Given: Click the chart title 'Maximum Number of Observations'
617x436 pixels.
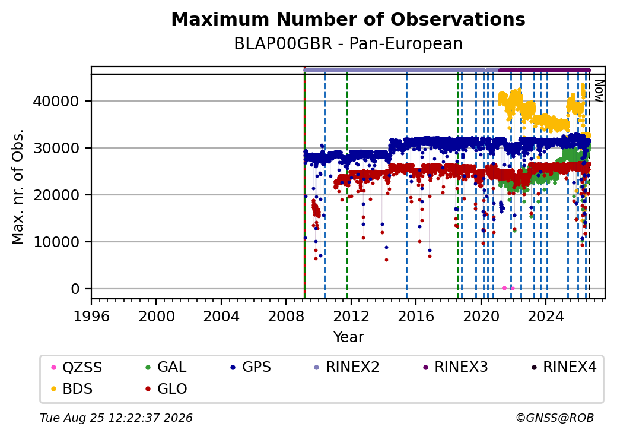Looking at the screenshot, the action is pos(348,19).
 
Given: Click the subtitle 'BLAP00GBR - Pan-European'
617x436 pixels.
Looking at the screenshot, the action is pos(348,44).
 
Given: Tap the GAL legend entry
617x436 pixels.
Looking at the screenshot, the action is pos(166,367).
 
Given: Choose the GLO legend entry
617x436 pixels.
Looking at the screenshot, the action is pos(166,388).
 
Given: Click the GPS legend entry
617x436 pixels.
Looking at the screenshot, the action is pos(250,367).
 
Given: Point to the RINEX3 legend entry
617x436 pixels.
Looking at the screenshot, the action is pos(455,367).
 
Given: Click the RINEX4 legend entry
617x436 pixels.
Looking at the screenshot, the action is pos(564,367).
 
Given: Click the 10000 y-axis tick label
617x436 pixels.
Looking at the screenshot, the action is pos(56,242).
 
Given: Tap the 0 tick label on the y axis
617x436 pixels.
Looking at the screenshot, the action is pos(75,289).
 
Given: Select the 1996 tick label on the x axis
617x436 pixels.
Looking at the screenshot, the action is pos(91,316).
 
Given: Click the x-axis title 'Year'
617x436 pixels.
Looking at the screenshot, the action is pos(349,337).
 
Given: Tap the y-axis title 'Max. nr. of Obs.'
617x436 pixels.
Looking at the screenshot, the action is pos(17,187).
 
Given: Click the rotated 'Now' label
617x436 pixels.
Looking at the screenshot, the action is pos(599,91).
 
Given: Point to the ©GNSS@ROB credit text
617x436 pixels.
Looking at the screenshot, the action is pos(555,418).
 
